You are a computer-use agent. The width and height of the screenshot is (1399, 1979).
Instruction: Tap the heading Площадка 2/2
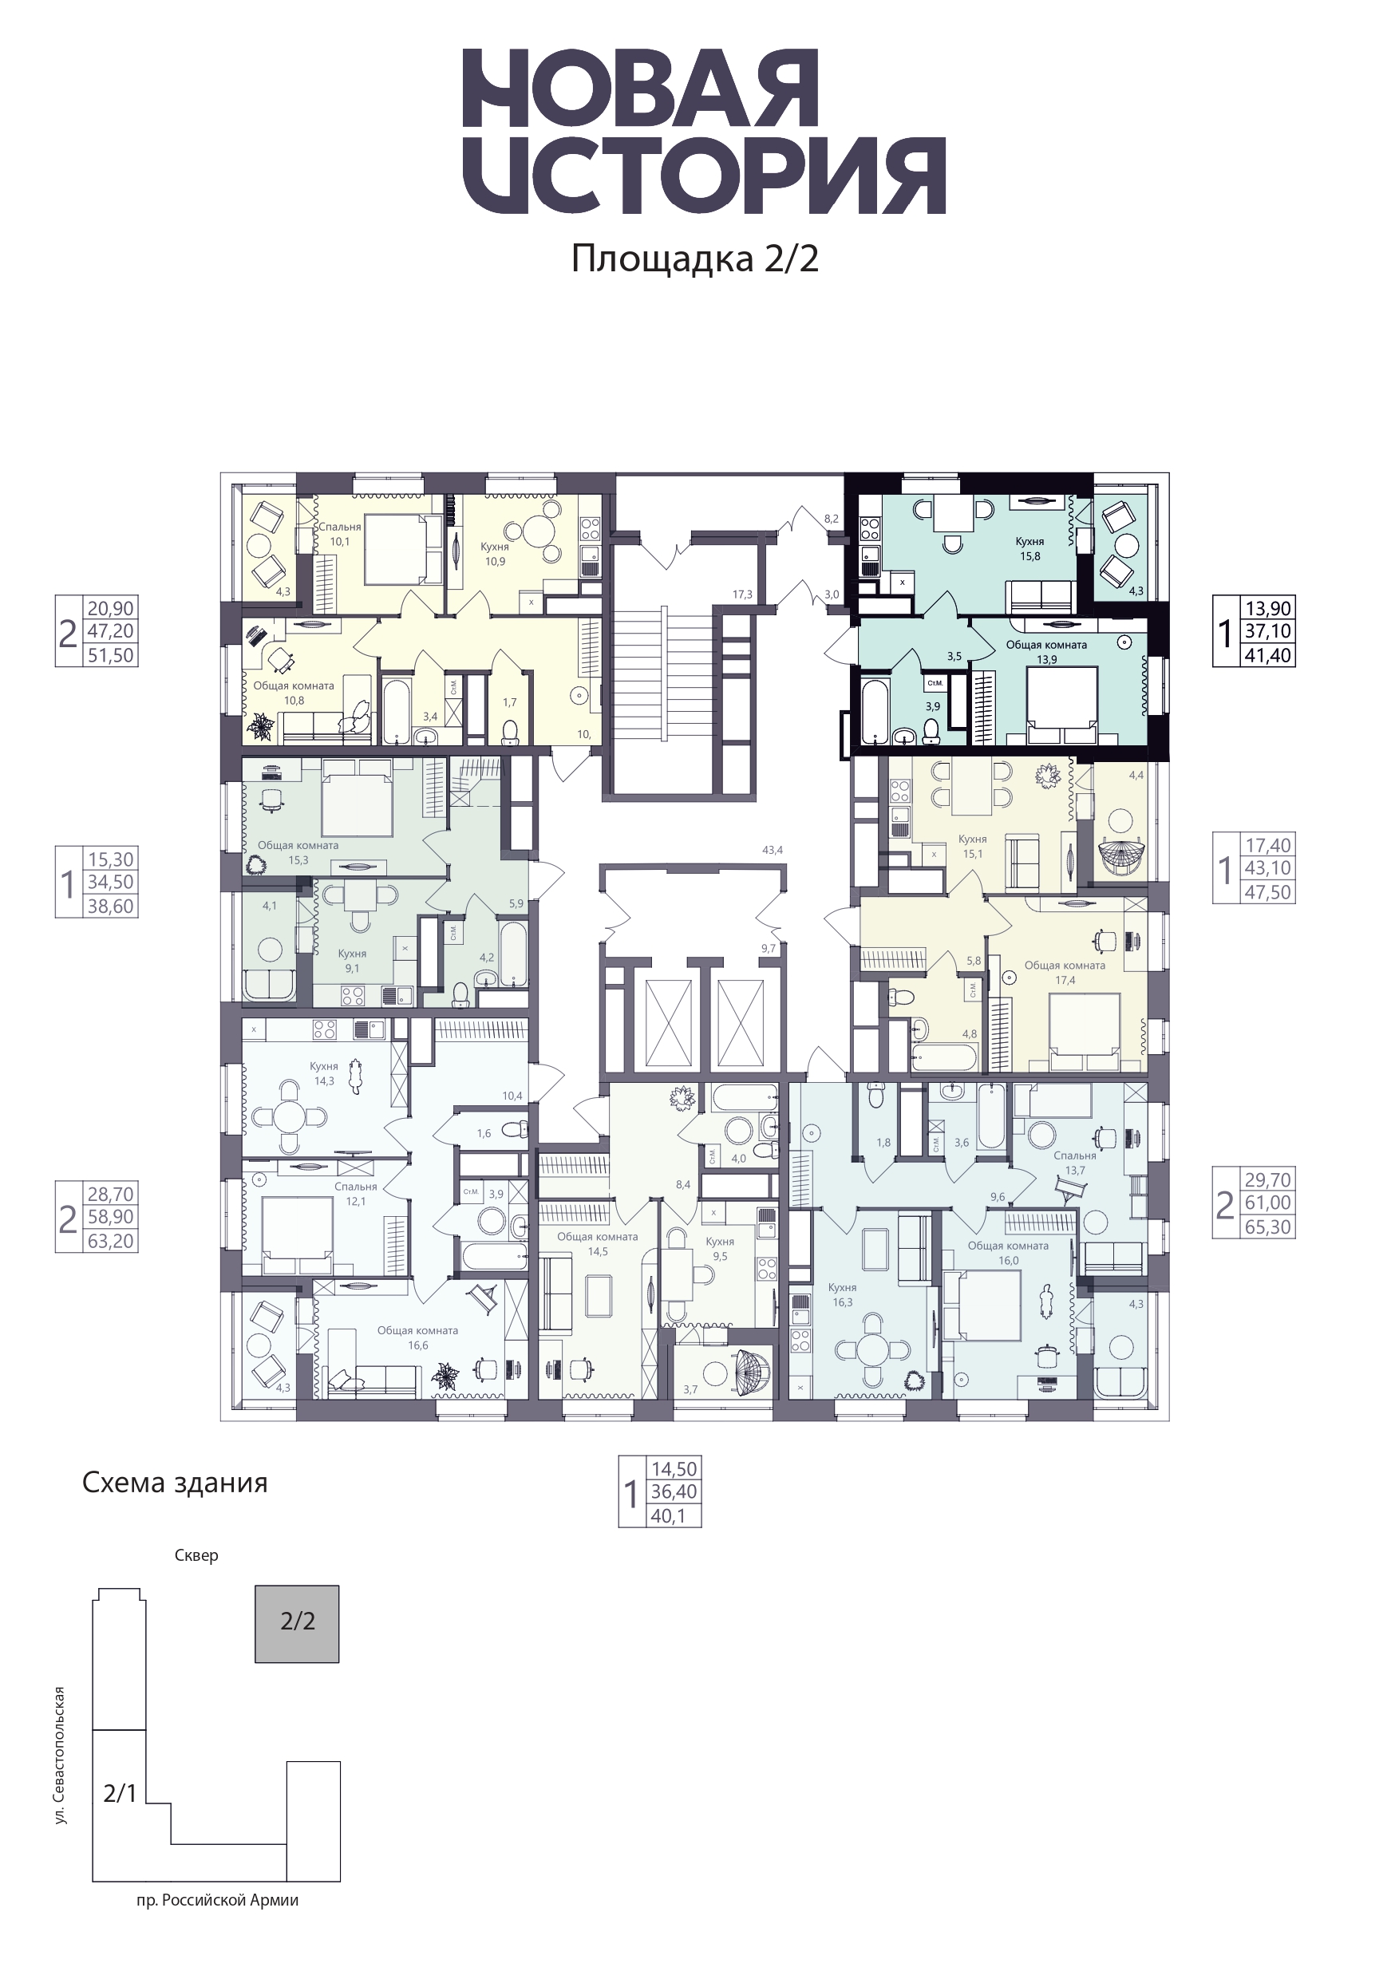point(695,259)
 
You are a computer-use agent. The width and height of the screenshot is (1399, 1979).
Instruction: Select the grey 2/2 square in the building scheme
point(298,1624)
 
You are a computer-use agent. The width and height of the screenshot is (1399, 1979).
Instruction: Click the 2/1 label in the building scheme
point(120,1794)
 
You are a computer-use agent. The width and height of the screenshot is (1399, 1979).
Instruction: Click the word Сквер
point(196,1556)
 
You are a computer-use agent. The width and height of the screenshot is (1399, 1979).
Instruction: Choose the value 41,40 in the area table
point(1268,655)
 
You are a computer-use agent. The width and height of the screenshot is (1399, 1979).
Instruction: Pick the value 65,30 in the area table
point(1268,1227)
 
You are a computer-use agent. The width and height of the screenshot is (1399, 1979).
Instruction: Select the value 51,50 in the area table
point(111,655)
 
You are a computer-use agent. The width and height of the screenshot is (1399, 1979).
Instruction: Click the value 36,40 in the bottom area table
point(674,1492)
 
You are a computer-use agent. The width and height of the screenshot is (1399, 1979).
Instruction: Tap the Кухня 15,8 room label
point(1030,549)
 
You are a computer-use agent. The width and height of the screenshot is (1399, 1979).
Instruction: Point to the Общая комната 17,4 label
point(1065,973)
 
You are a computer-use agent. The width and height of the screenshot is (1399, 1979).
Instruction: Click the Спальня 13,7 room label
point(1075,1163)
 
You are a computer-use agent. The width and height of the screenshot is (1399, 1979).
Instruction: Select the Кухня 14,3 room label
point(324,1073)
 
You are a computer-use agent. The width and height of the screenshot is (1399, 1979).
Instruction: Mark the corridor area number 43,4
point(773,850)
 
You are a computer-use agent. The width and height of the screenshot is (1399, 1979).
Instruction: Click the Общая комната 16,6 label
point(418,1337)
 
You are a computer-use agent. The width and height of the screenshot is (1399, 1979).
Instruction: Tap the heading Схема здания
point(175,1483)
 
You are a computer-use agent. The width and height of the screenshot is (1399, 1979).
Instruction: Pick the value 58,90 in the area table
point(111,1217)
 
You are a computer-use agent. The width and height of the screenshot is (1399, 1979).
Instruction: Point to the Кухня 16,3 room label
point(842,1294)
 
